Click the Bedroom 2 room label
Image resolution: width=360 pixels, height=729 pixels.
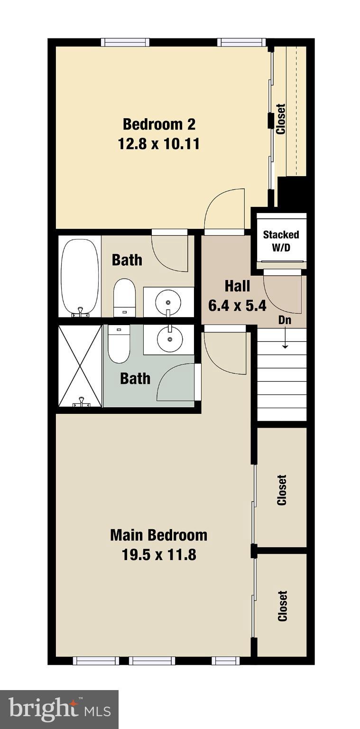(x=158, y=124)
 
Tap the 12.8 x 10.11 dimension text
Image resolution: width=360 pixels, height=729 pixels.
(x=158, y=143)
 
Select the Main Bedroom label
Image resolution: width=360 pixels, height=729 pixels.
(x=158, y=535)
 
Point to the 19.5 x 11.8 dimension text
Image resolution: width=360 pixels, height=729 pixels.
(x=158, y=554)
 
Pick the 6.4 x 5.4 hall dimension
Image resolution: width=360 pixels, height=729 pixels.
(x=237, y=305)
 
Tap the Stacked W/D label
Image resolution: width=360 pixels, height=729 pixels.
(x=281, y=241)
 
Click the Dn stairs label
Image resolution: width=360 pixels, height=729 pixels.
(x=285, y=320)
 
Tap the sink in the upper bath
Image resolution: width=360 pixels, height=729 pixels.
(x=168, y=302)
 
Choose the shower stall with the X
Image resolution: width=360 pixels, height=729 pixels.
(x=80, y=365)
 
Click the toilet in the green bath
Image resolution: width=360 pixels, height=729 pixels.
(x=119, y=343)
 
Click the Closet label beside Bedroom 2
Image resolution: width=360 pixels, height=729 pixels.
(x=281, y=119)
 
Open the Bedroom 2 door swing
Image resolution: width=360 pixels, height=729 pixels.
(x=224, y=209)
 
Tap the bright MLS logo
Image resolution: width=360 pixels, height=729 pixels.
(x=59, y=709)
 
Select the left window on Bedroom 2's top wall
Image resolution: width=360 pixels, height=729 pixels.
(x=125, y=42)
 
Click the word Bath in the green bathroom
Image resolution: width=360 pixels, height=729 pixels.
(x=135, y=378)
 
